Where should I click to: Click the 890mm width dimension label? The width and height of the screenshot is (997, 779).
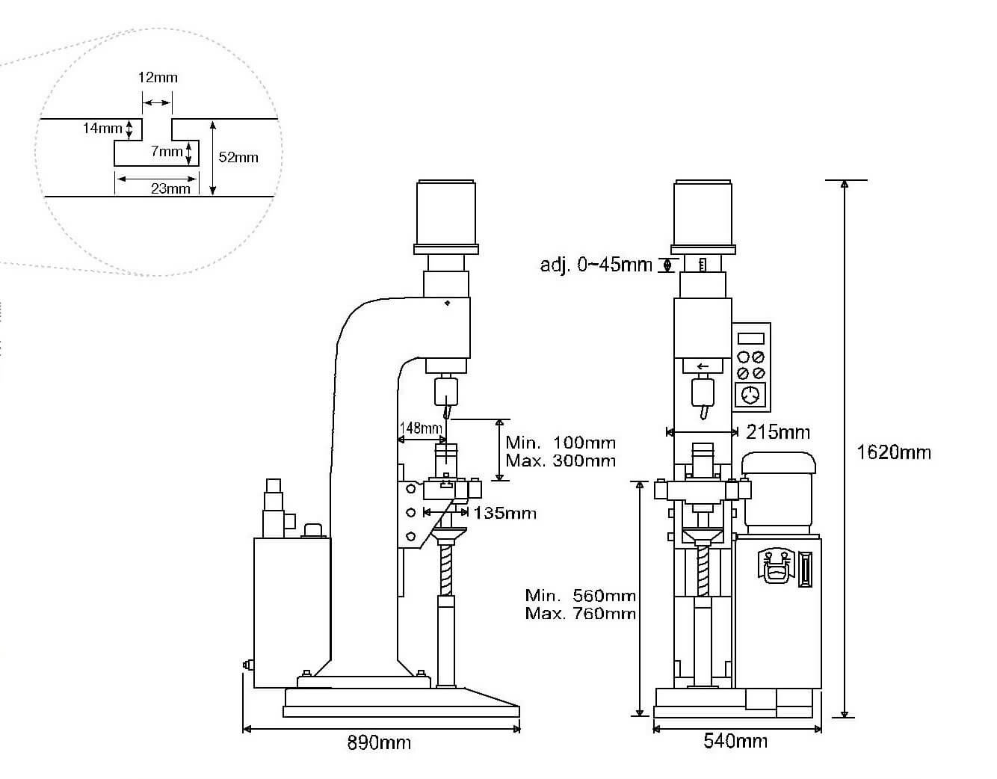[379, 742]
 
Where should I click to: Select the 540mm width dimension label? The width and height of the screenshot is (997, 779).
[735, 741]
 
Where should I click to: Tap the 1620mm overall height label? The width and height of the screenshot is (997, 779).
[894, 452]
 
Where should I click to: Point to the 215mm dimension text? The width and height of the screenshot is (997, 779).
[778, 431]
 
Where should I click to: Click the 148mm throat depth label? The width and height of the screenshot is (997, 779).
[421, 428]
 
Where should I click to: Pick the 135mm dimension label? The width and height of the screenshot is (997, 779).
[504, 513]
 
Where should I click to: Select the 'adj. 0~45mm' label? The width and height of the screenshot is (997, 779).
[596, 265]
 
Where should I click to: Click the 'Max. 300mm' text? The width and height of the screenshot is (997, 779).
[561, 461]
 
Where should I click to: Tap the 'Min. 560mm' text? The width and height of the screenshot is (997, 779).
[580, 596]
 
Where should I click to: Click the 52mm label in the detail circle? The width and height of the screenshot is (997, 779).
[238, 157]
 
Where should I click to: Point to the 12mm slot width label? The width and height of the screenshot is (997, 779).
[158, 77]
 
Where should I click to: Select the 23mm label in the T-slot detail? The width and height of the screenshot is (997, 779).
[170, 188]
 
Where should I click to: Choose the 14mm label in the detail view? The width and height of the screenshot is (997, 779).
[102, 129]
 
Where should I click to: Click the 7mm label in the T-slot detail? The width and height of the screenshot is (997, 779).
[167, 152]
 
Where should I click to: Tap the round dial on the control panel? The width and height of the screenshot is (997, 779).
[752, 394]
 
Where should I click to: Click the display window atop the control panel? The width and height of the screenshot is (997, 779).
[751, 337]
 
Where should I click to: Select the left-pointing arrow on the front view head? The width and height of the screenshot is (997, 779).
[703, 367]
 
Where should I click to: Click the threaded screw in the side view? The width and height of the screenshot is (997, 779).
[447, 569]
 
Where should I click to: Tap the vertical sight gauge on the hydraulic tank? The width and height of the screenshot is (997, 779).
[805, 569]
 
